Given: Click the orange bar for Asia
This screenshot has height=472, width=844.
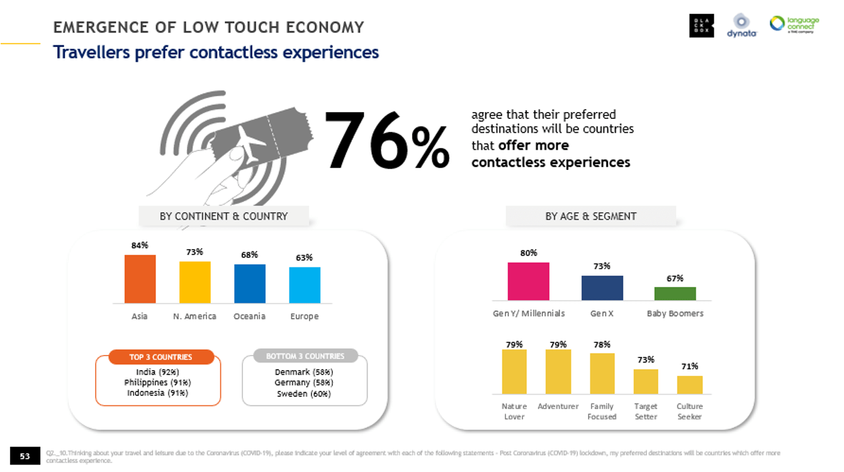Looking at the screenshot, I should [x=140, y=279].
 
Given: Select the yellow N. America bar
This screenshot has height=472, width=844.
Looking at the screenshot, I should [x=194, y=282].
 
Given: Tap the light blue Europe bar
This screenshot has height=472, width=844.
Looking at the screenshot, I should [x=305, y=285].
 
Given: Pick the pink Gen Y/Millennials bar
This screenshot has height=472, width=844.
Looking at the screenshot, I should [x=528, y=281].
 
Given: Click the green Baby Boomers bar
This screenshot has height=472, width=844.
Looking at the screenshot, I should [x=675, y=293].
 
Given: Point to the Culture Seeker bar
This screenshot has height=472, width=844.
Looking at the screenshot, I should [x=689, y=385].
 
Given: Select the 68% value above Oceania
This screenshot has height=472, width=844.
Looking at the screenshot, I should [x=249, y=255].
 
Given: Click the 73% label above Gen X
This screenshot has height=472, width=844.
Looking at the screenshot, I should [x=602, y=266].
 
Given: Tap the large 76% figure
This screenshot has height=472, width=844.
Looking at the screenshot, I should [x=386, y=142].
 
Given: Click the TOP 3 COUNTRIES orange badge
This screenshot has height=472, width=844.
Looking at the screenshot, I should [x=160, y=357].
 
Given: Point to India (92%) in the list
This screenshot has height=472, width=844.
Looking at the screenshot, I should [x=157, y=372].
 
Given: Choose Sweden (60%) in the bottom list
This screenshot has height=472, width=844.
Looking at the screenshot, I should [x=305, y=394].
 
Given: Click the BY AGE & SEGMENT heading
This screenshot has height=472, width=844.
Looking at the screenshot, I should [x=590, y=216].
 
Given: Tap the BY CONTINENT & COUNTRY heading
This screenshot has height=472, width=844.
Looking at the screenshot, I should [x=223, y=216].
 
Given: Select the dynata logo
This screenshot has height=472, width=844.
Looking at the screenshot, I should [x=741, y=26].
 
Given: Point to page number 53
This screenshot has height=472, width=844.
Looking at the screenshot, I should [x=25, y=456].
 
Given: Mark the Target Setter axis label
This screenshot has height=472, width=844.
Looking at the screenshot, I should [x=646, y=412].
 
